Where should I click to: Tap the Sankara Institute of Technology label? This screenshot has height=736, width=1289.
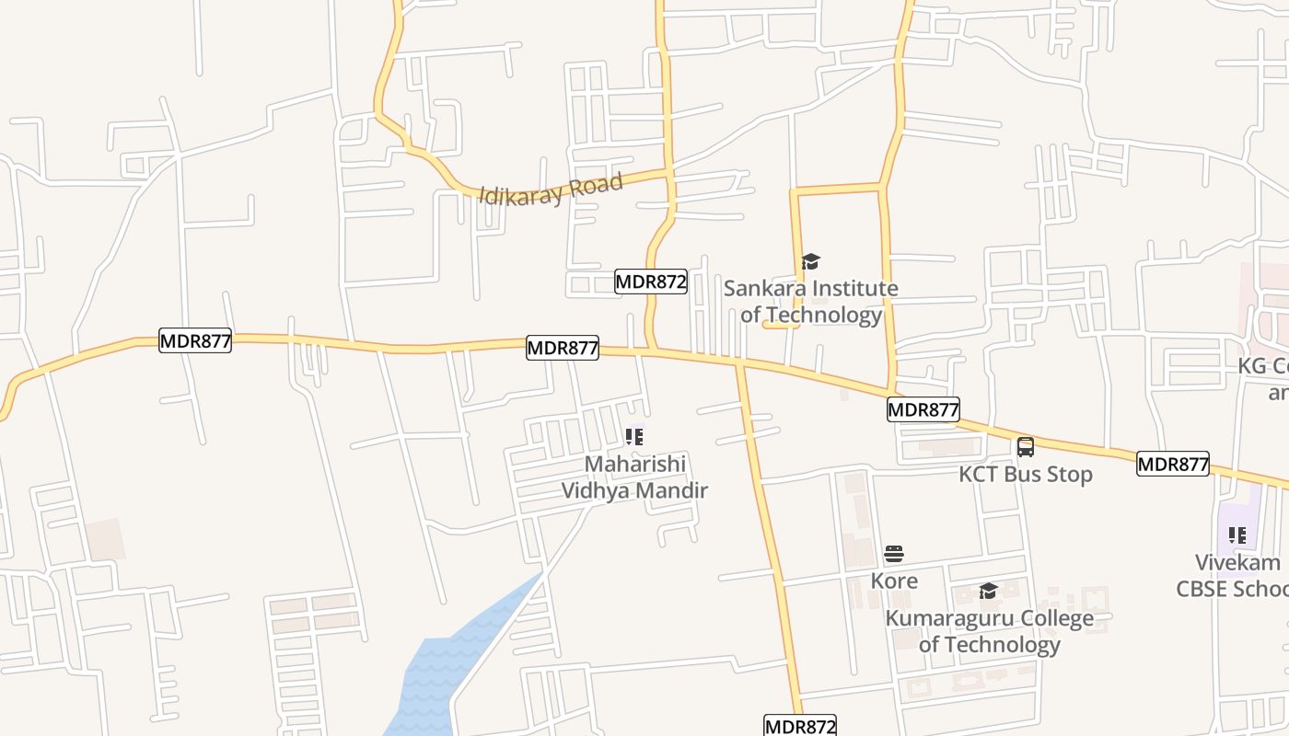[x=810, y=302]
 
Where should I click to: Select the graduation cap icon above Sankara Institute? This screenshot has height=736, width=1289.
[x=810, y=262]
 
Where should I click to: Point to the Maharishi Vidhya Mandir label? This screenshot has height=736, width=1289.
[x=634, y=477]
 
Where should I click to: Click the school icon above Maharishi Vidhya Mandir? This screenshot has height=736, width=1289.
[x=634, y=436]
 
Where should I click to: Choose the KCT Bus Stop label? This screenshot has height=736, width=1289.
[x=1026, y=474]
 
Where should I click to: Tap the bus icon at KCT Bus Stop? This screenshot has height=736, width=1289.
[x=1026, y=447]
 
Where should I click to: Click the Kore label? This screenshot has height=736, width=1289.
[x=894, y=581]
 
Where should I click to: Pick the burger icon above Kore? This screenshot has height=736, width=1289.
[x=894, y=554]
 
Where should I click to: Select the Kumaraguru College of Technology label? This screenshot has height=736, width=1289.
[x=990, y=631]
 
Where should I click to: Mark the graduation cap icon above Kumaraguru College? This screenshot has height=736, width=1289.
[x=988, y=591]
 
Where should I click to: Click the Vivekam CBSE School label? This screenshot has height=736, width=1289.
[x=1234, y=575]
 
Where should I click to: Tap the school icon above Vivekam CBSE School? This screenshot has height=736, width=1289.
[x=1237, y=535]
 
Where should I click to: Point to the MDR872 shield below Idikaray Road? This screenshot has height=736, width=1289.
[x=651, y=282]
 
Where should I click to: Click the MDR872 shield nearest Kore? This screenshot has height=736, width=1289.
[x=800, y=726]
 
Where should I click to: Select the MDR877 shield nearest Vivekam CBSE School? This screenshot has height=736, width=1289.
[x=1172, y=464]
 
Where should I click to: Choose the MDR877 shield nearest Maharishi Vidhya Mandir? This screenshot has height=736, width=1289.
[x=563, y=348]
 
